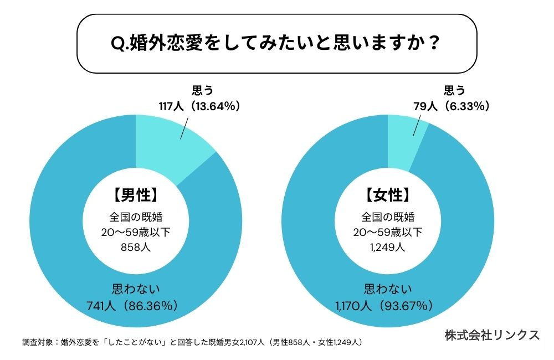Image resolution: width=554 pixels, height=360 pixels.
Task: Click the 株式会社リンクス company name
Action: click(x=492, y=335)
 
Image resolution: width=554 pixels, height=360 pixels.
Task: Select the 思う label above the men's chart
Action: click(x=202, y=90)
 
